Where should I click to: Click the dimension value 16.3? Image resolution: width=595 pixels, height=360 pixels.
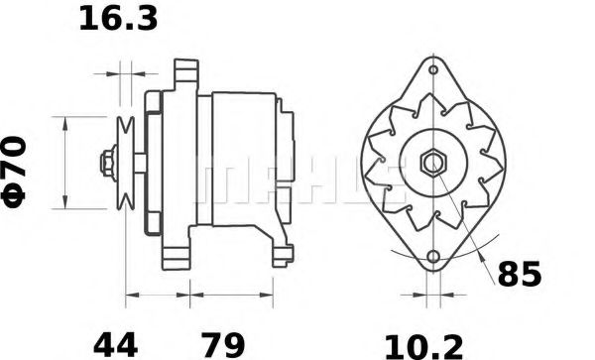point(118,20)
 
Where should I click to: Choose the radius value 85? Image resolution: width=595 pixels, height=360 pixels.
point(520,275)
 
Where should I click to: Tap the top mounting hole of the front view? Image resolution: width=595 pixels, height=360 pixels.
point(434,70)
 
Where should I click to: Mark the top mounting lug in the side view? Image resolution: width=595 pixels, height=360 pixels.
point(181,73)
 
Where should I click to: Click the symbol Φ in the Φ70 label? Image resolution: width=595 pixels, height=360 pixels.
point(19,189)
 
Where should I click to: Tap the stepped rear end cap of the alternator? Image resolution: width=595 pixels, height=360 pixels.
point(286,159)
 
